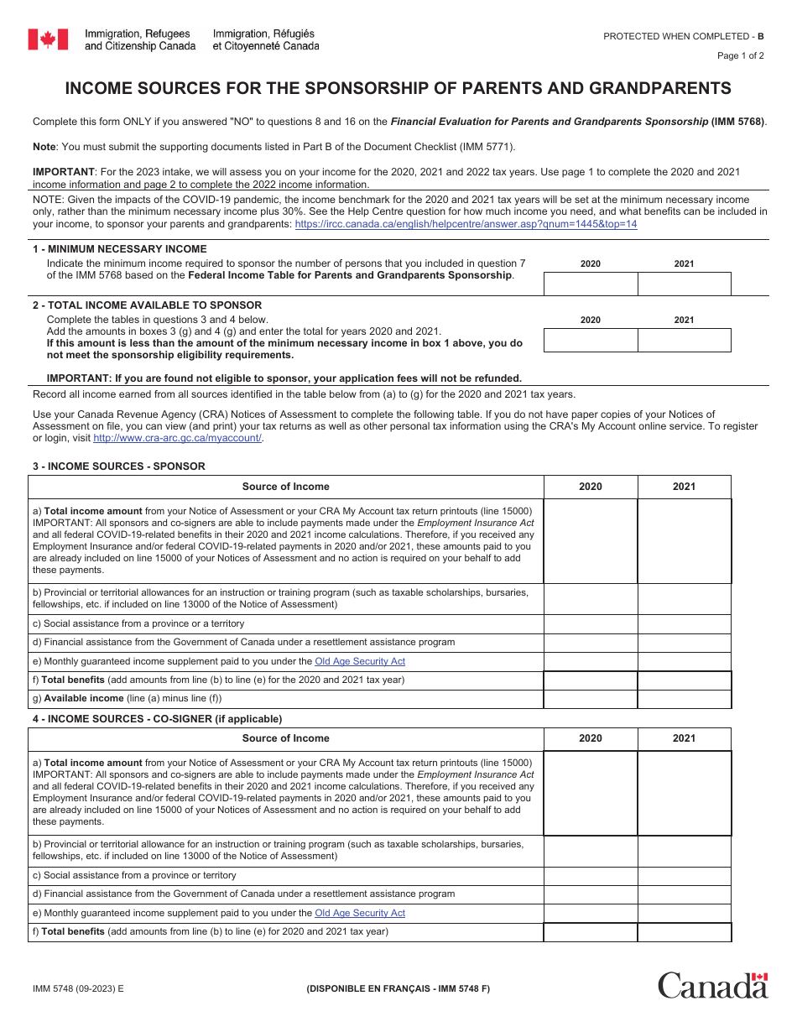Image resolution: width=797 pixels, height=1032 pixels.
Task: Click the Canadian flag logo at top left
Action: tap(48, 39)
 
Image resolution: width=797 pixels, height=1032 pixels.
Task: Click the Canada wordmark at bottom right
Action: tap(712, 985)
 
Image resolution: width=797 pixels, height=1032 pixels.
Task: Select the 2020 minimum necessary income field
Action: tap(591, 284)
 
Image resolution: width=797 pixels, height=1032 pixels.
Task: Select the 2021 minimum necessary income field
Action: tap(684, 284)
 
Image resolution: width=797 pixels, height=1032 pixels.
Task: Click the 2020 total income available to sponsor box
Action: tap(591, 340)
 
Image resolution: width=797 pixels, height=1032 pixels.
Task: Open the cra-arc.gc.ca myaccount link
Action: tap(177, 438)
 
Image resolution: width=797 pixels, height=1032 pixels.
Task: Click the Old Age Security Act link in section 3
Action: tap(359, 661)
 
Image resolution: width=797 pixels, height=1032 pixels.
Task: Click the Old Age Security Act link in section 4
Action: tap(359, 913)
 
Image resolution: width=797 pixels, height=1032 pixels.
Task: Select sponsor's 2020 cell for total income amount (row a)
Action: tap(591, 540)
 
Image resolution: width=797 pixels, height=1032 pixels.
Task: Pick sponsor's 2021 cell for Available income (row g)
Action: tap(684, 699)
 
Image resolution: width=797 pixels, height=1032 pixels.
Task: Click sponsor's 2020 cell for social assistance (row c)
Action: tap(591, 624)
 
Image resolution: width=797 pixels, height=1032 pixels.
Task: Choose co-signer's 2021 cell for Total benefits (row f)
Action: tap(684, 932)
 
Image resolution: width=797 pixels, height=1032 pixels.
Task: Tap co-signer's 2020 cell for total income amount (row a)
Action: tap(591, 793)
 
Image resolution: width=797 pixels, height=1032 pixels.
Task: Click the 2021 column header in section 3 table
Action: tap(684, 487)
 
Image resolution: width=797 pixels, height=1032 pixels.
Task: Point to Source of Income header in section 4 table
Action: tap(286, 738)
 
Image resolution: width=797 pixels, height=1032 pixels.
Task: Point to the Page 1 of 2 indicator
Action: tap(740, 56)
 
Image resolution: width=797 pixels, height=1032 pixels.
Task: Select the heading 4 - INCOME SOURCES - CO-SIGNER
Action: tap(157, 719)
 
